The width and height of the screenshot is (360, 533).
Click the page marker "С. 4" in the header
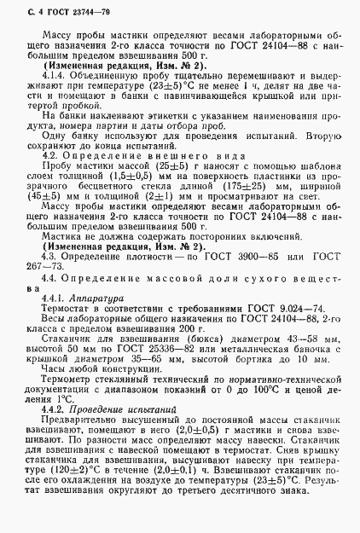28,9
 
